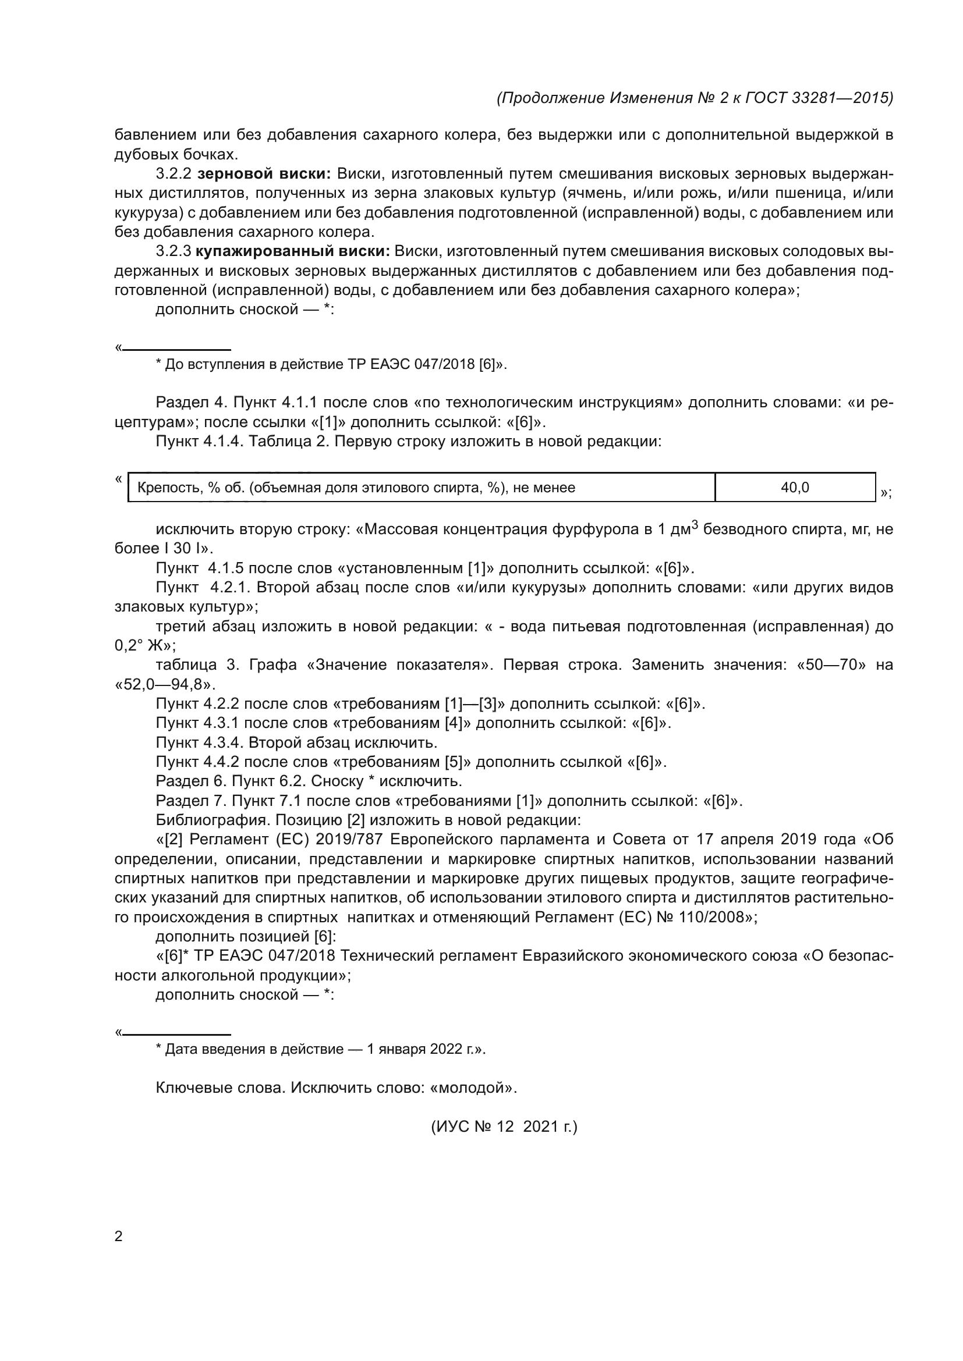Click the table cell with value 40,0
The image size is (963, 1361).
(795, 487)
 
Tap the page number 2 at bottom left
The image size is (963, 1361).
(118, 1236)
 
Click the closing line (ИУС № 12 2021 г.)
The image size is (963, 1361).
(504, 1127)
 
